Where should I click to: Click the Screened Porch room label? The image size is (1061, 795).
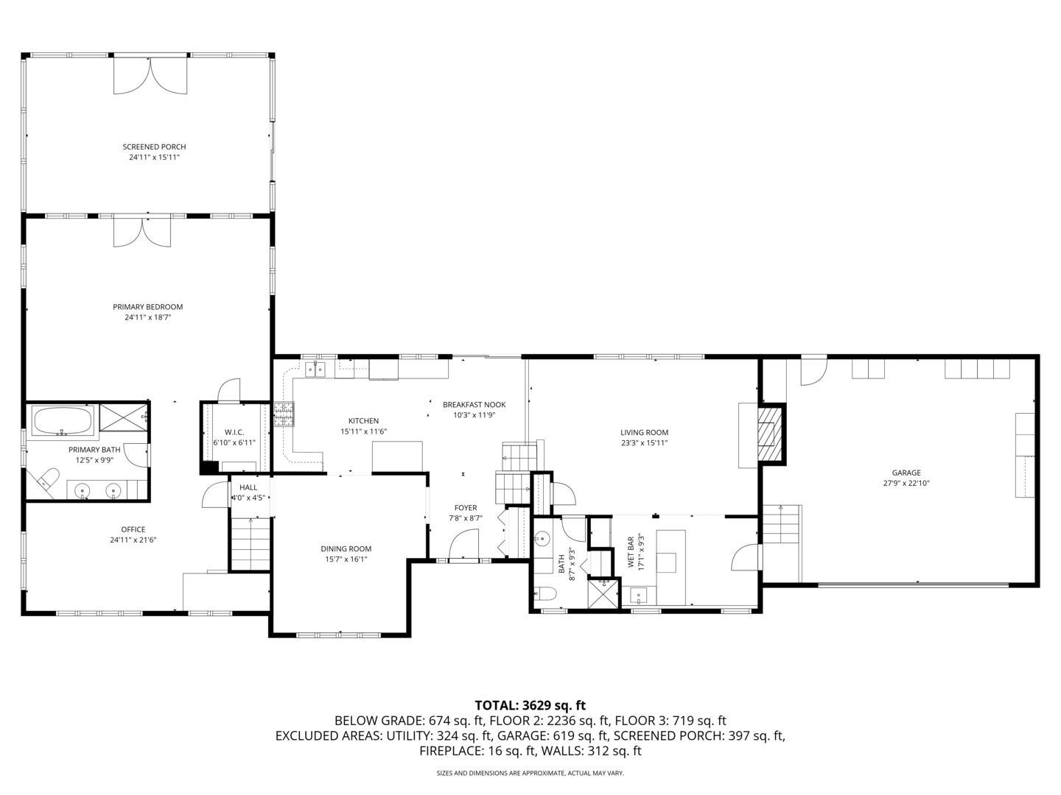tap(154, 146)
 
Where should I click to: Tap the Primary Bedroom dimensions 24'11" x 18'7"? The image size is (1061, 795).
tap(147, 318)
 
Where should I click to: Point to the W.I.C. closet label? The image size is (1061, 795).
tap(234, 432)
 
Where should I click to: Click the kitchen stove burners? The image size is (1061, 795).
tap(284, 414)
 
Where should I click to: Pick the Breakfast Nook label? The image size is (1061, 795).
tap(474, 404)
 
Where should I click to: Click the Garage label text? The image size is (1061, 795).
tap(906, 473)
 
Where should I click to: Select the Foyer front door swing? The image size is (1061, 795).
tap(465, 546)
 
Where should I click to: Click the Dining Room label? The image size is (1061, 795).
tap(346, 548)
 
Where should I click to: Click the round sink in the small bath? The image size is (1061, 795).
tap(543, 539)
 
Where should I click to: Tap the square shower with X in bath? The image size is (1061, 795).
tap(603, 593)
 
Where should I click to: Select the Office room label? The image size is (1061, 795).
tap(133, 529)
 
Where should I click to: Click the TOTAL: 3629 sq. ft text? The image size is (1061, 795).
tap(530, 705)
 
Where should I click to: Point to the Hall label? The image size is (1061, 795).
tap(248, 487)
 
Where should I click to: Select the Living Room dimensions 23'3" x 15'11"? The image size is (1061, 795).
tap(644, 443)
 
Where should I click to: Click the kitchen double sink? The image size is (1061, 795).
tap(315, 370)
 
